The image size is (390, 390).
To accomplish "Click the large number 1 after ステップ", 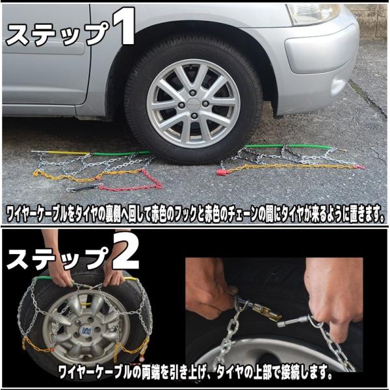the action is click(x=123, y=25).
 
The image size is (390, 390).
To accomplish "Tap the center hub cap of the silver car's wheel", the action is click(x=193, y=103).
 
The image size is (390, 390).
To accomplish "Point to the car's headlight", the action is click(x=313, y=13).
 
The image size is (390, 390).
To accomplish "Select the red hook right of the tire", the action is click(x=222, y=172).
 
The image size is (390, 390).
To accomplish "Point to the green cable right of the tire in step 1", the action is click(x=289, y=146).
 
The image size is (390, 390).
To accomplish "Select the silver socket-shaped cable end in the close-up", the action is click(x=289, y=322).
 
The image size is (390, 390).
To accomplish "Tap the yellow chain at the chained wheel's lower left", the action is click(x=37, y=345).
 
